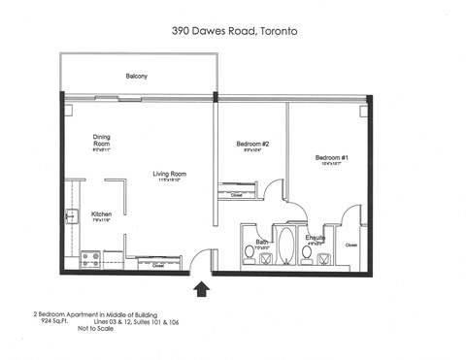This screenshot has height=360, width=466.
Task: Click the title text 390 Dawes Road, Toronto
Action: (233, 32)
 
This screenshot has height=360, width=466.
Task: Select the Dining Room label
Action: (102, 140)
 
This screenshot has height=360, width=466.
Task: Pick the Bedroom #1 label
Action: (330, 157)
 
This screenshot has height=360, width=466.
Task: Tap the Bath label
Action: (261, 242)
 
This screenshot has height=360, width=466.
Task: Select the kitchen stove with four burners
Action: (90, 259)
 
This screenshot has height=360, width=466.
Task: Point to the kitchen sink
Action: (70, 217)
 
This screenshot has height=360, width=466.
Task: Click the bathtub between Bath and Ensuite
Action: (287, 245)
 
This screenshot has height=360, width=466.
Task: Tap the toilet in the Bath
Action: (250, 252)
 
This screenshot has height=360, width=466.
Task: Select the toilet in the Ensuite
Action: (307, 254)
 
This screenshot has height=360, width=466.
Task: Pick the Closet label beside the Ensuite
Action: (351, 245)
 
